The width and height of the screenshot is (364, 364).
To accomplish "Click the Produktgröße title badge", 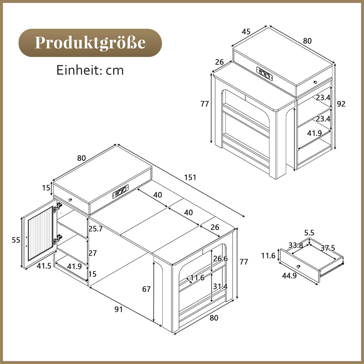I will point(90,43).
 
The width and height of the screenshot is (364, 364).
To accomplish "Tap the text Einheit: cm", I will point(90,70).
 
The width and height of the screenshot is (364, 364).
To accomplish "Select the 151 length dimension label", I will point(190,177).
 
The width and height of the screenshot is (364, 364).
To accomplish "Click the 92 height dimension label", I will point(341,104).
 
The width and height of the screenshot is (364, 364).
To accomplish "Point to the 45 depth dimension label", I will point(246,32).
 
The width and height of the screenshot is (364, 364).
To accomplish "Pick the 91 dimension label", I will point(119,309).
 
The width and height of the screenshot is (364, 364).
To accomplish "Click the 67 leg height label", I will point(147,289).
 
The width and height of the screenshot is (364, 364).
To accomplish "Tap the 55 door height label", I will point(16,240).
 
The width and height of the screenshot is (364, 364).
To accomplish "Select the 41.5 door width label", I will point(44,266).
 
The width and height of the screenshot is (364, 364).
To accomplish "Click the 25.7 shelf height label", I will point(96,229).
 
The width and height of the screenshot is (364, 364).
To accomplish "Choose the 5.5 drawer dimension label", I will point(309,233).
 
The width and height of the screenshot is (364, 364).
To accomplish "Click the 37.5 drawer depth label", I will point(328,248).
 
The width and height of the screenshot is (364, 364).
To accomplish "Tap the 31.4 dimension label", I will point(221,286).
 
